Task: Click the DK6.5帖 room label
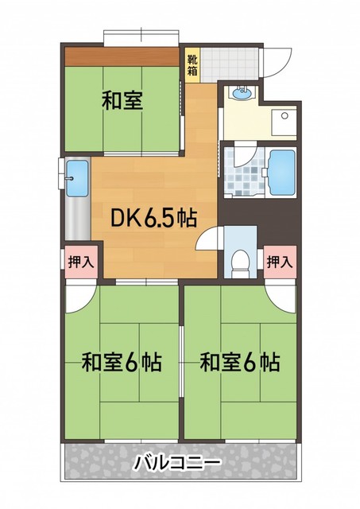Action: (x=148, y=217)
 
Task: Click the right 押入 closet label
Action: (x=279, y=260)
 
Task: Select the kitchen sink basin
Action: (x=76, y=177)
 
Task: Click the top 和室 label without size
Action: (x=122, y=101)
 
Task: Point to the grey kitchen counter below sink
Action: (x=76, y=220)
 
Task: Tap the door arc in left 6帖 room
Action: (x=80, y=298)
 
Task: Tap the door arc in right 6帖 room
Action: (x=282, y=298)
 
